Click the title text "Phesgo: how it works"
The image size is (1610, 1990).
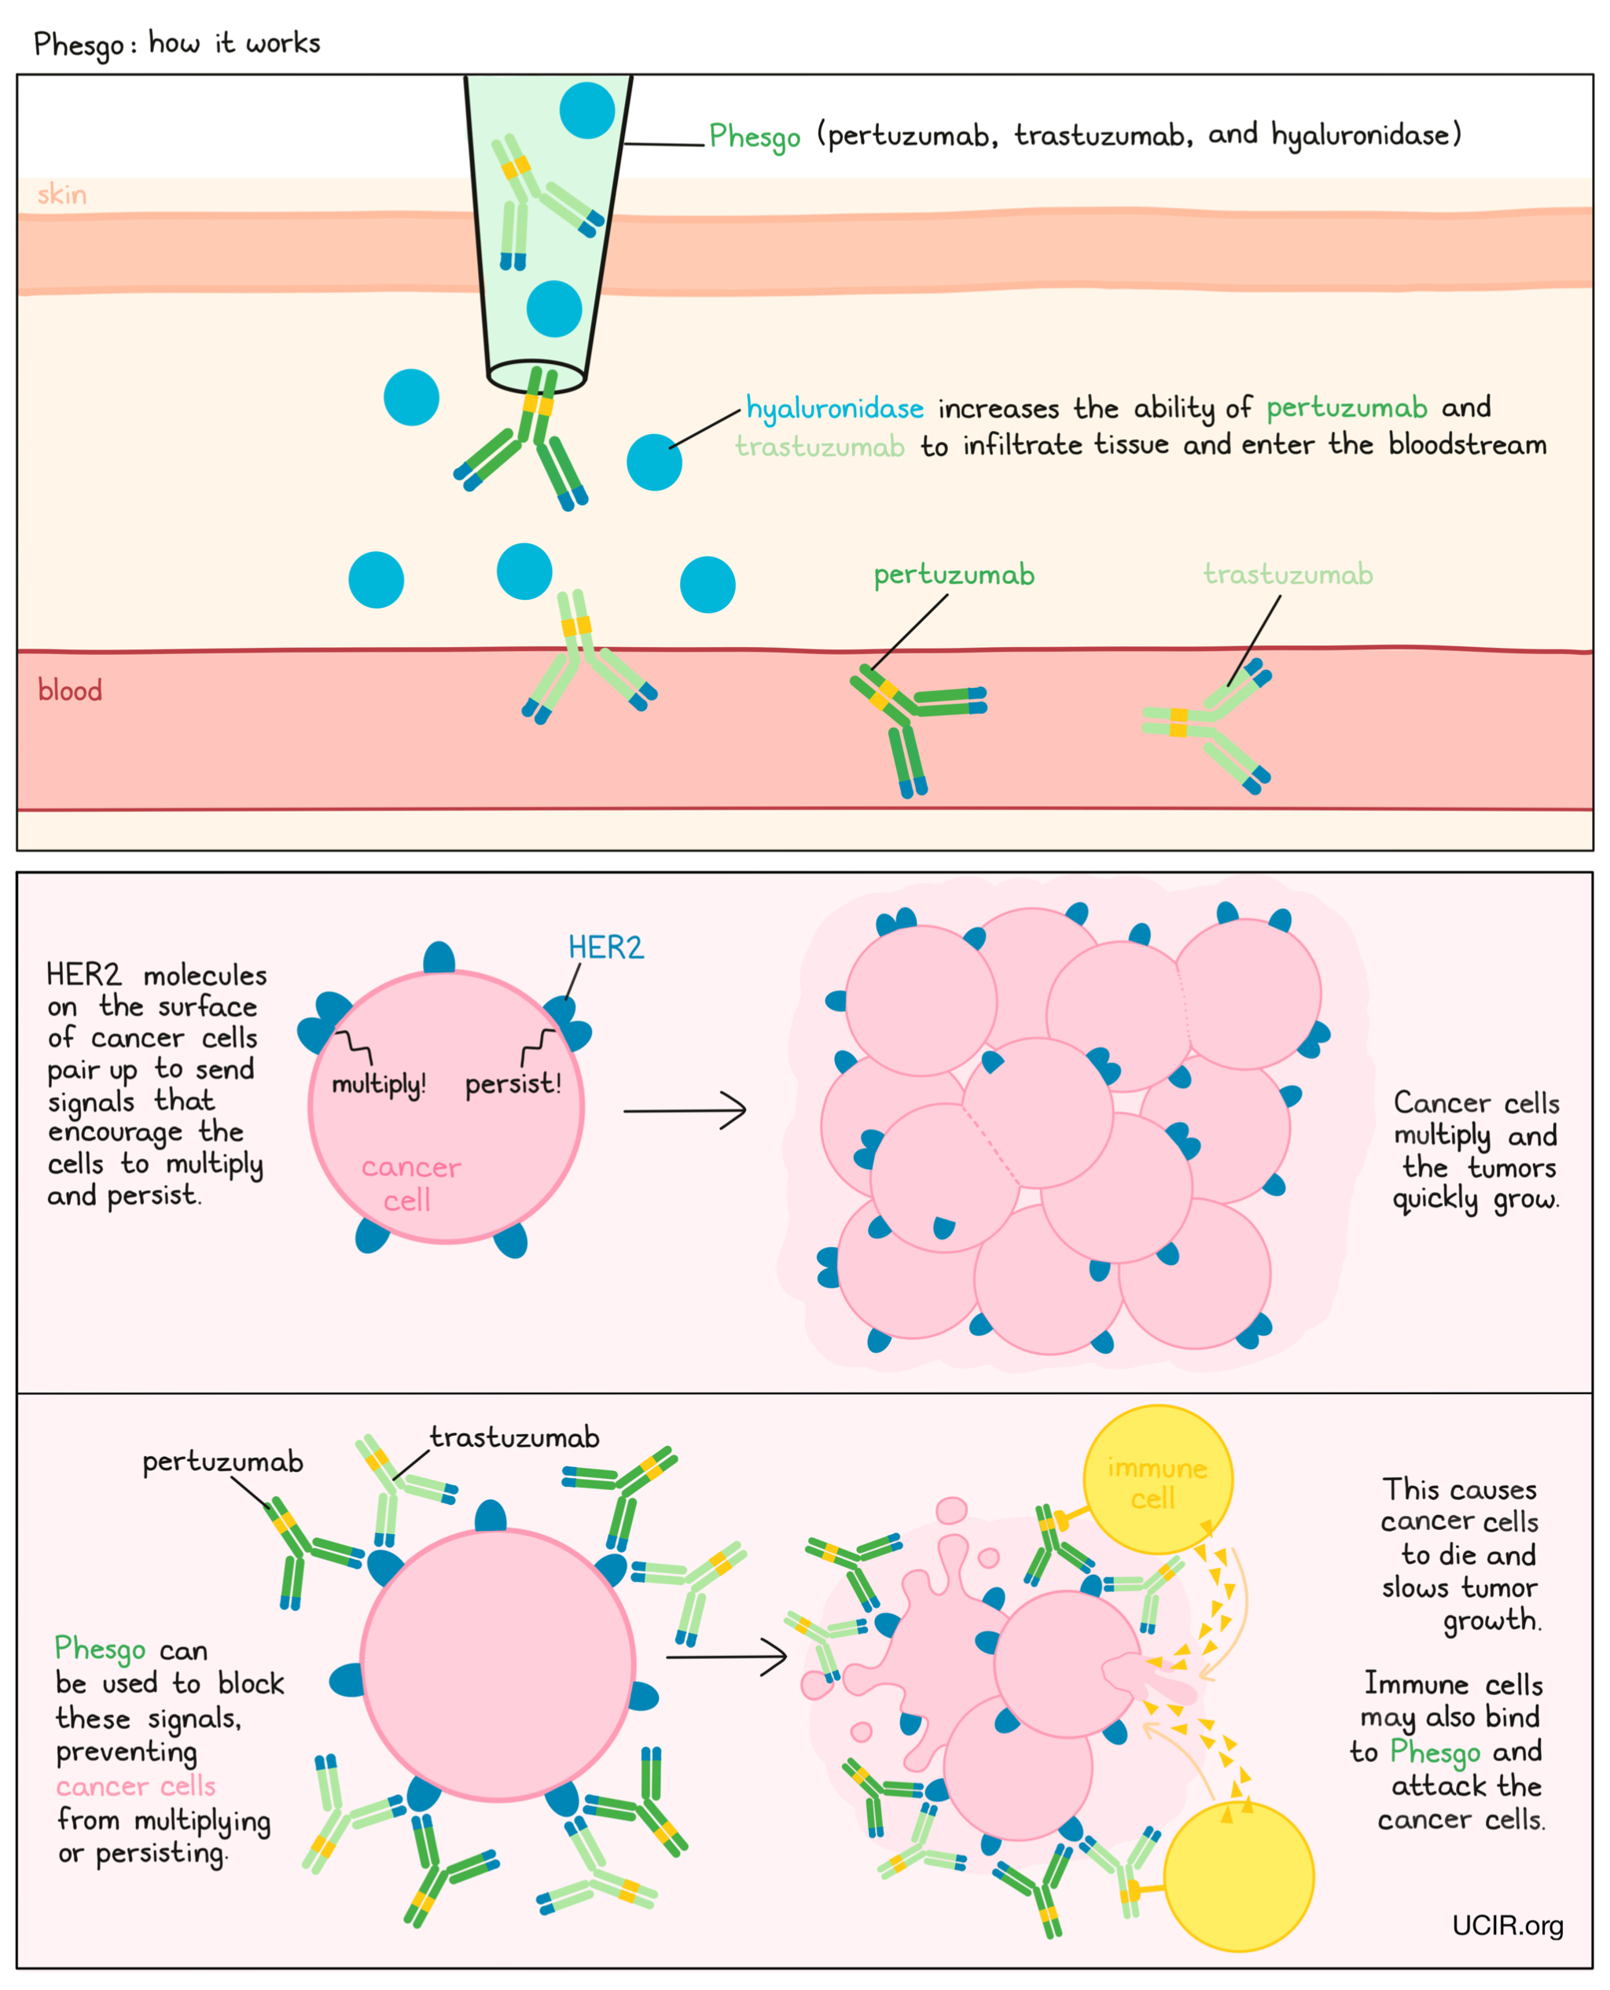tap(176, 43)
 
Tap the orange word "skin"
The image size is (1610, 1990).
tap(62, 195)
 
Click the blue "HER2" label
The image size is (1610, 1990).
tap(605, 947)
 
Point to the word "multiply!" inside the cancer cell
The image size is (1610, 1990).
tap(378, 1084)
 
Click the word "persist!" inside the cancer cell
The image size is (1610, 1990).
tap(513, 1084)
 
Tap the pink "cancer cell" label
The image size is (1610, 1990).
tap(410, 1183)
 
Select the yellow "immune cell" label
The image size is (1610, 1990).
tap(1156, 1484)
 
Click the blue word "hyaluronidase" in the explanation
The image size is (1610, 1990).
tap(835, 409)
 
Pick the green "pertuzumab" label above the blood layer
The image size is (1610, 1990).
tap(954, 575)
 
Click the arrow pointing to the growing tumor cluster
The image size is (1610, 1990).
tap(685, 1110)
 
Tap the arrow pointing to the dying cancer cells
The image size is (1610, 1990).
tap(726, 1656)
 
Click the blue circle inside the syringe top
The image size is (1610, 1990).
tap(587, 110)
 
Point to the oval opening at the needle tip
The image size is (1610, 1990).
tap(536, 377)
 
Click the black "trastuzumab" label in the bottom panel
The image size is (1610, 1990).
tap(514, 1438)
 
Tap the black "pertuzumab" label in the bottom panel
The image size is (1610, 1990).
tap(222, 1462)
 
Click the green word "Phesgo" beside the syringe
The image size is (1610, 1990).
tap(754, 136)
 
